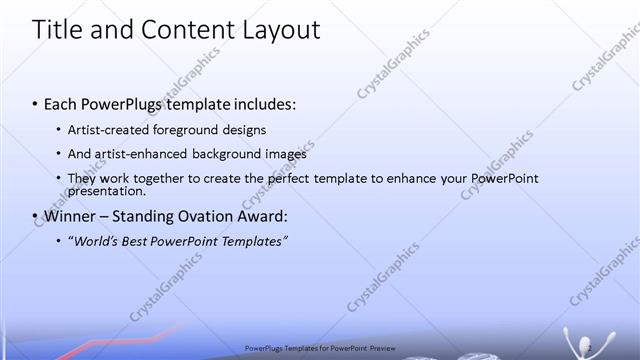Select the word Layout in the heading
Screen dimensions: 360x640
click(x=277, y=30)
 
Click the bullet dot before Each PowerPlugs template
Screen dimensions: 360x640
click(x=35, y=104)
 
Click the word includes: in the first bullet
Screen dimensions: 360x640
click(x=263, y=104)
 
